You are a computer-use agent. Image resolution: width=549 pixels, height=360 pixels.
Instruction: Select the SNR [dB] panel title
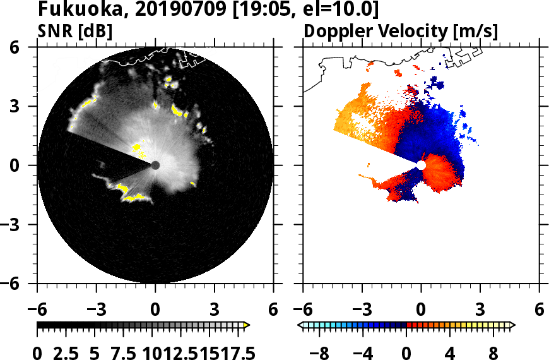[75, 31]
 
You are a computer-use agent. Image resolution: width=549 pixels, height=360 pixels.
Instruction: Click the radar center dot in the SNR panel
[155, 165]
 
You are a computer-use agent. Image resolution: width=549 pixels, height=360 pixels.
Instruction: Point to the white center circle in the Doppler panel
[421, 165]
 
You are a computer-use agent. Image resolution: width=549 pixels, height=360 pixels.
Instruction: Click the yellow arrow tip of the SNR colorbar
[247, 325]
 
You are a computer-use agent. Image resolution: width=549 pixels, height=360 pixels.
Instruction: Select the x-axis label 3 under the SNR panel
[215, 311]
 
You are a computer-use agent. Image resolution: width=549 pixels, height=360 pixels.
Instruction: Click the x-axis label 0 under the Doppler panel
[421, 311]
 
